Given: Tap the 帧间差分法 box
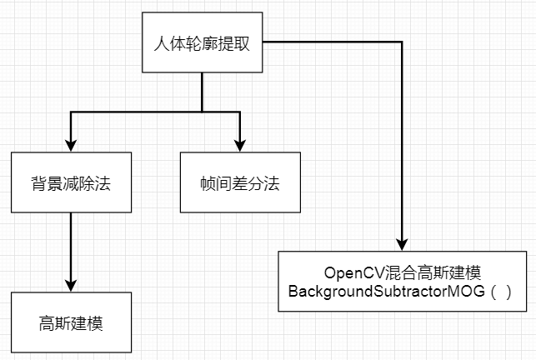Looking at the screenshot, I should [240, 182].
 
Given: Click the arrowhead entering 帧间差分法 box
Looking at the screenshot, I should [240, 145].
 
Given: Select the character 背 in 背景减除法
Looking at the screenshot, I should [39, 182].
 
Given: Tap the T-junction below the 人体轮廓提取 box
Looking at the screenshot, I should [203, 111].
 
